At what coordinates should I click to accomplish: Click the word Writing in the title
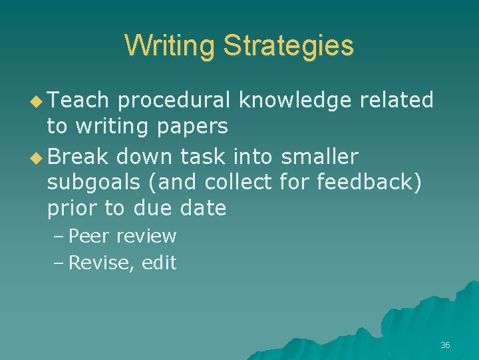pyautogui.click(x=170, y=46)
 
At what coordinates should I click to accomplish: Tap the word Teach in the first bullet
pyautogui.click(x=78, y=100)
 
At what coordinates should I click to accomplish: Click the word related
pyautogui.click(x=397, y=100)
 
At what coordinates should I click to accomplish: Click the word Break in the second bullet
pyautogui.click(x=79, y=157)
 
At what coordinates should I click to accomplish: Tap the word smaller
pyautogui.click(x=319, y=157)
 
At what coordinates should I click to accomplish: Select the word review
pyautogui.click(x=146, y=237)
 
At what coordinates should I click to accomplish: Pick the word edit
pyautogui.click(x=159, y=263)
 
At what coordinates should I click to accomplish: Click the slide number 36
pyautogui.click(x=445, y=345)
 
